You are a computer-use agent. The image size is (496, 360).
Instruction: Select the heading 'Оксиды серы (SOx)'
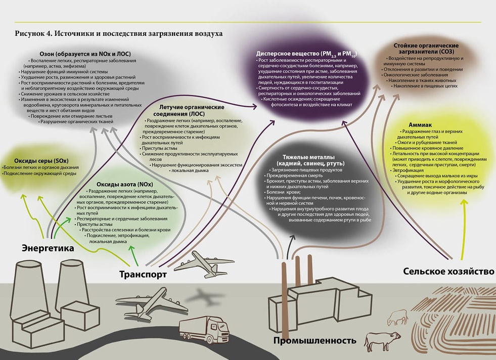point(41,161)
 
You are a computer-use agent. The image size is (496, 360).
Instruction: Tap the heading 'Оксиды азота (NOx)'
point(125,184)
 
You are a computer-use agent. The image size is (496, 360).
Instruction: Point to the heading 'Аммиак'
point(420,125)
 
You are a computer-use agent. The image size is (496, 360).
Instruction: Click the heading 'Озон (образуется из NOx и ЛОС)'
point(85,54)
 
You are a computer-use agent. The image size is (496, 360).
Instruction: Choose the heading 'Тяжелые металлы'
point(309,157)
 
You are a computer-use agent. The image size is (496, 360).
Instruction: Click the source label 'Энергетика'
point(48,248)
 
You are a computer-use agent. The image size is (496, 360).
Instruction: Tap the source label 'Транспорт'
point(143,274)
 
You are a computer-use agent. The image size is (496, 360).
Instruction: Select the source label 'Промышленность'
point(315,340)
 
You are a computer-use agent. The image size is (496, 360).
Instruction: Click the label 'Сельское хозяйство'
point(448,272)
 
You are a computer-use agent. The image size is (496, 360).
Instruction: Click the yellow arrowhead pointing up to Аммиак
point(464,202)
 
